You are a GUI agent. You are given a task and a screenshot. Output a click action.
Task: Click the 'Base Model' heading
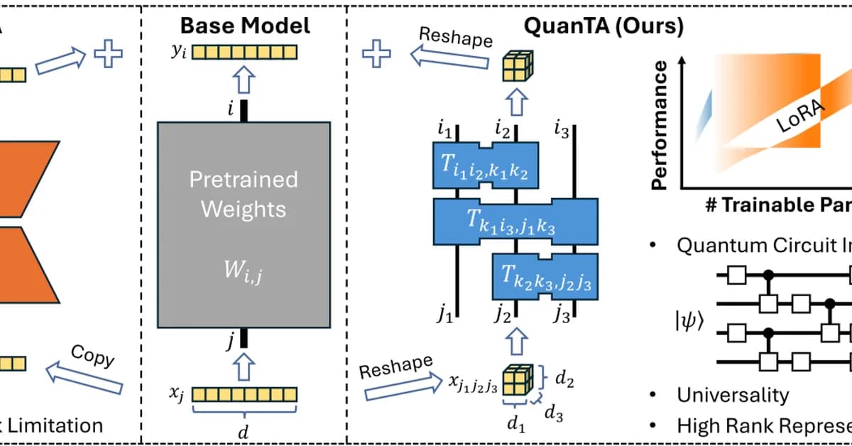click(244, 26)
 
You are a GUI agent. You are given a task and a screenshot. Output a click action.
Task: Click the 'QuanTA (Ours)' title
click(603, 26)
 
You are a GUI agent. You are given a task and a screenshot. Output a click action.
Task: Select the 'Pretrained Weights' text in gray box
click(244, 194)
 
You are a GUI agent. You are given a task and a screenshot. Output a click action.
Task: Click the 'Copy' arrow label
click(93, 356)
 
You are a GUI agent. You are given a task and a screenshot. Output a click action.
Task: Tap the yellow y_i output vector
click(244, 53)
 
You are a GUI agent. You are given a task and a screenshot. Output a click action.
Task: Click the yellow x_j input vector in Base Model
click(244, 395)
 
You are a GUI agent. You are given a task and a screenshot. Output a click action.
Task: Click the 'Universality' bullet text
click(732, 395)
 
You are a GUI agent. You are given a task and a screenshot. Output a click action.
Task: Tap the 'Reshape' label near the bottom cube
click(395, 368)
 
